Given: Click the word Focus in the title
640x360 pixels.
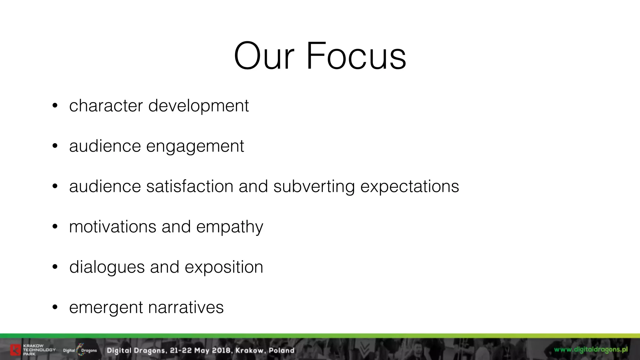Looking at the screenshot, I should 356,56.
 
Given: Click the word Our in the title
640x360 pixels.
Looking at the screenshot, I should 264,56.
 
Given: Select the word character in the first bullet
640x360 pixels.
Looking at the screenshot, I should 106,106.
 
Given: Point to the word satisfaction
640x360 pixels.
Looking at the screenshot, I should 190,186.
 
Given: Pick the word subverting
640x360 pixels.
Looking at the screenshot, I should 314,187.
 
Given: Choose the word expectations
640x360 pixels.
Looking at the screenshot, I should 410,187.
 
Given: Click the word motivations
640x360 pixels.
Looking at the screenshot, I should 112,227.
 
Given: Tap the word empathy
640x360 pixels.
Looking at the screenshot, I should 230,227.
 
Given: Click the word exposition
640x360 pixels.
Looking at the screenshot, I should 224,267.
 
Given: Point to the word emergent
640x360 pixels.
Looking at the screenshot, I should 106,308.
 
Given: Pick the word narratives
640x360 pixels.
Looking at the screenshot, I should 186,307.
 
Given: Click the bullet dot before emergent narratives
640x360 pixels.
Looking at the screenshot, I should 55,307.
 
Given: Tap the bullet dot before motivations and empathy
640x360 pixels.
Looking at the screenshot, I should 55,227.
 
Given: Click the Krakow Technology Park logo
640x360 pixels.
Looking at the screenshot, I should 32,350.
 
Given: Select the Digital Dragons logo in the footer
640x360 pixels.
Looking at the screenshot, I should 80,350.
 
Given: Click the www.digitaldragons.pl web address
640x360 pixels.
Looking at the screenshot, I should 591,349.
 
